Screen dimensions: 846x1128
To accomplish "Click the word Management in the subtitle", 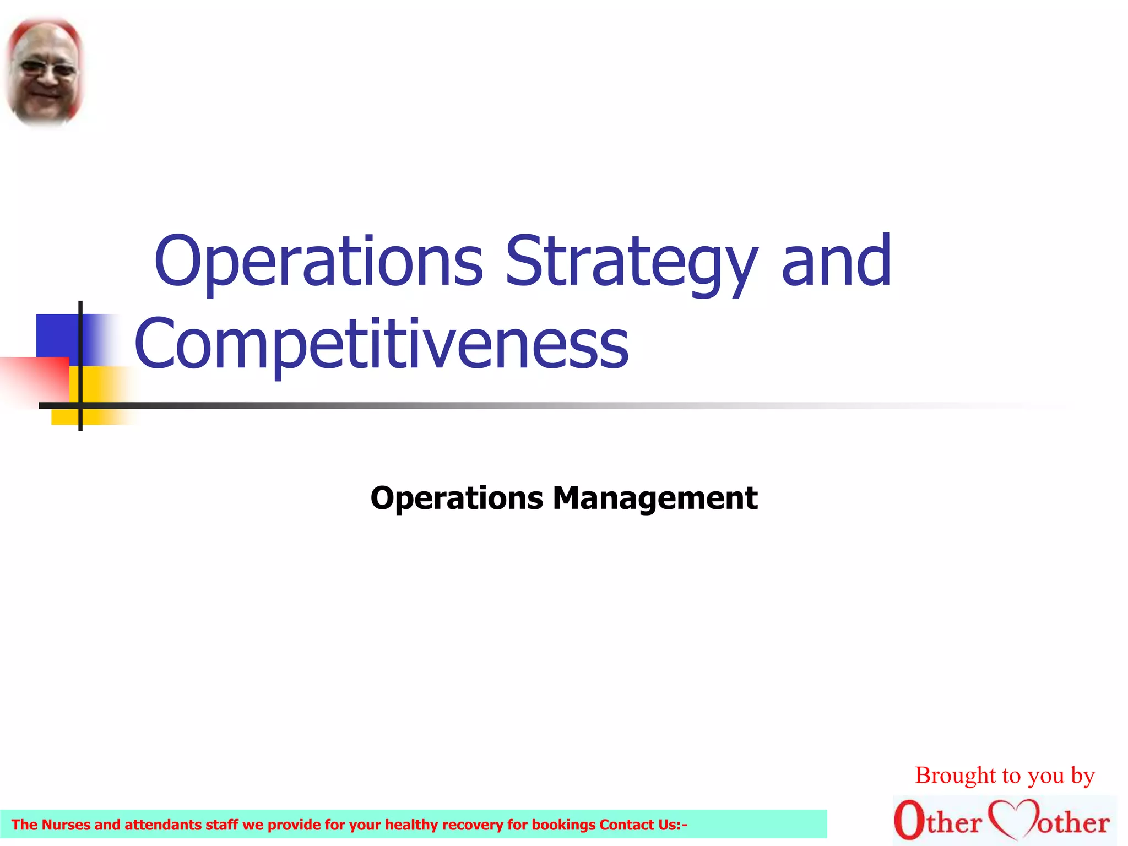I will coord(655,498).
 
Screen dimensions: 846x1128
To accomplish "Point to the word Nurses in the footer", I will coord(66,825).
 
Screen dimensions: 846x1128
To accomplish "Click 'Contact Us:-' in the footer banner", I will coord(643,825).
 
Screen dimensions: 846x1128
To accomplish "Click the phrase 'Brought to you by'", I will coord(1005,775).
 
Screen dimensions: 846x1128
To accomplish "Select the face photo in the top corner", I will coord(44,72).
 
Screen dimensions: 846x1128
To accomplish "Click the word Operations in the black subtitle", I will coord(457,498).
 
